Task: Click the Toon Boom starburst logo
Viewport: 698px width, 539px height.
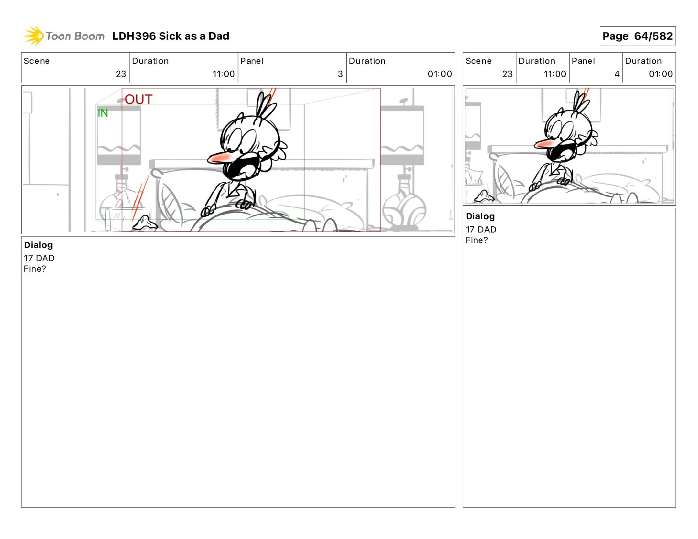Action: [x=33, y=36]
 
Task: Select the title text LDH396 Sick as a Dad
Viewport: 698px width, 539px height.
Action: [x=171, y=36]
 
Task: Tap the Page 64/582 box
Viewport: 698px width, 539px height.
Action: [x=637, y=36]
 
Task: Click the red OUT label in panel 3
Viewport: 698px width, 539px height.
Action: [x=138, y=100]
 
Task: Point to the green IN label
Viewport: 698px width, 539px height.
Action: [x=103, y=113]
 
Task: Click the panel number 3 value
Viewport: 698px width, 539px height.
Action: [x=340, y=74]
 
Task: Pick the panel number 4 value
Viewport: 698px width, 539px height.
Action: [x=617, y=74]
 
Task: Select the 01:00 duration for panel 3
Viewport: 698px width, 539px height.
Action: [x=440, y=74]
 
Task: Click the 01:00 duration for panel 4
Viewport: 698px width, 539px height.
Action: [x=661, y=74]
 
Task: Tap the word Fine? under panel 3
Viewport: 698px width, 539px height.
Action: [x=35, y=269]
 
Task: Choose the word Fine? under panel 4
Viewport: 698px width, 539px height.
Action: [x=477, y=240]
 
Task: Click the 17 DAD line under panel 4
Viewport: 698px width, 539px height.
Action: [x=481, y=229]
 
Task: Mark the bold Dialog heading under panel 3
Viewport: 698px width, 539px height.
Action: [x=38, y=245]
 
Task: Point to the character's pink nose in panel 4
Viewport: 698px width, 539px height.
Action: [x=545, y=144]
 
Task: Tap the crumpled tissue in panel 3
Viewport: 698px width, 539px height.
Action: [x=145, y=223]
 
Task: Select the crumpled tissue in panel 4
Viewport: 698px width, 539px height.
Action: [x=484, y=196]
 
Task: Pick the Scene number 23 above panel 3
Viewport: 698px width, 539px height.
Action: [x=121, y=74]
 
